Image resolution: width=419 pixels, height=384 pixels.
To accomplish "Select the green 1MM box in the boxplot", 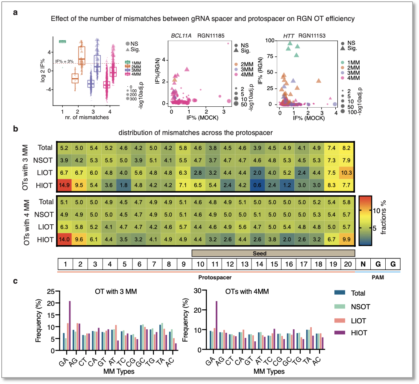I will click(62, 41).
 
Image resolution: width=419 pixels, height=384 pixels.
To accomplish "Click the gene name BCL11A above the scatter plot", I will click(180, 36).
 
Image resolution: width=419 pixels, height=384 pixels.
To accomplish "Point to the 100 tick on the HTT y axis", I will click(270, 40).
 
